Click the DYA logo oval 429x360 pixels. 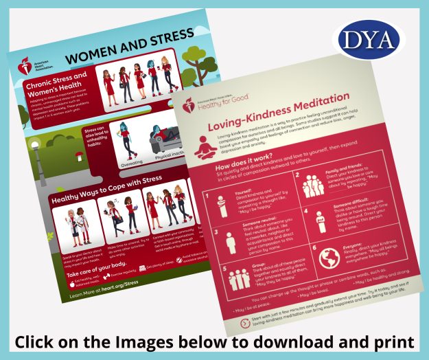pyautogui.click(x=369, y=41)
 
